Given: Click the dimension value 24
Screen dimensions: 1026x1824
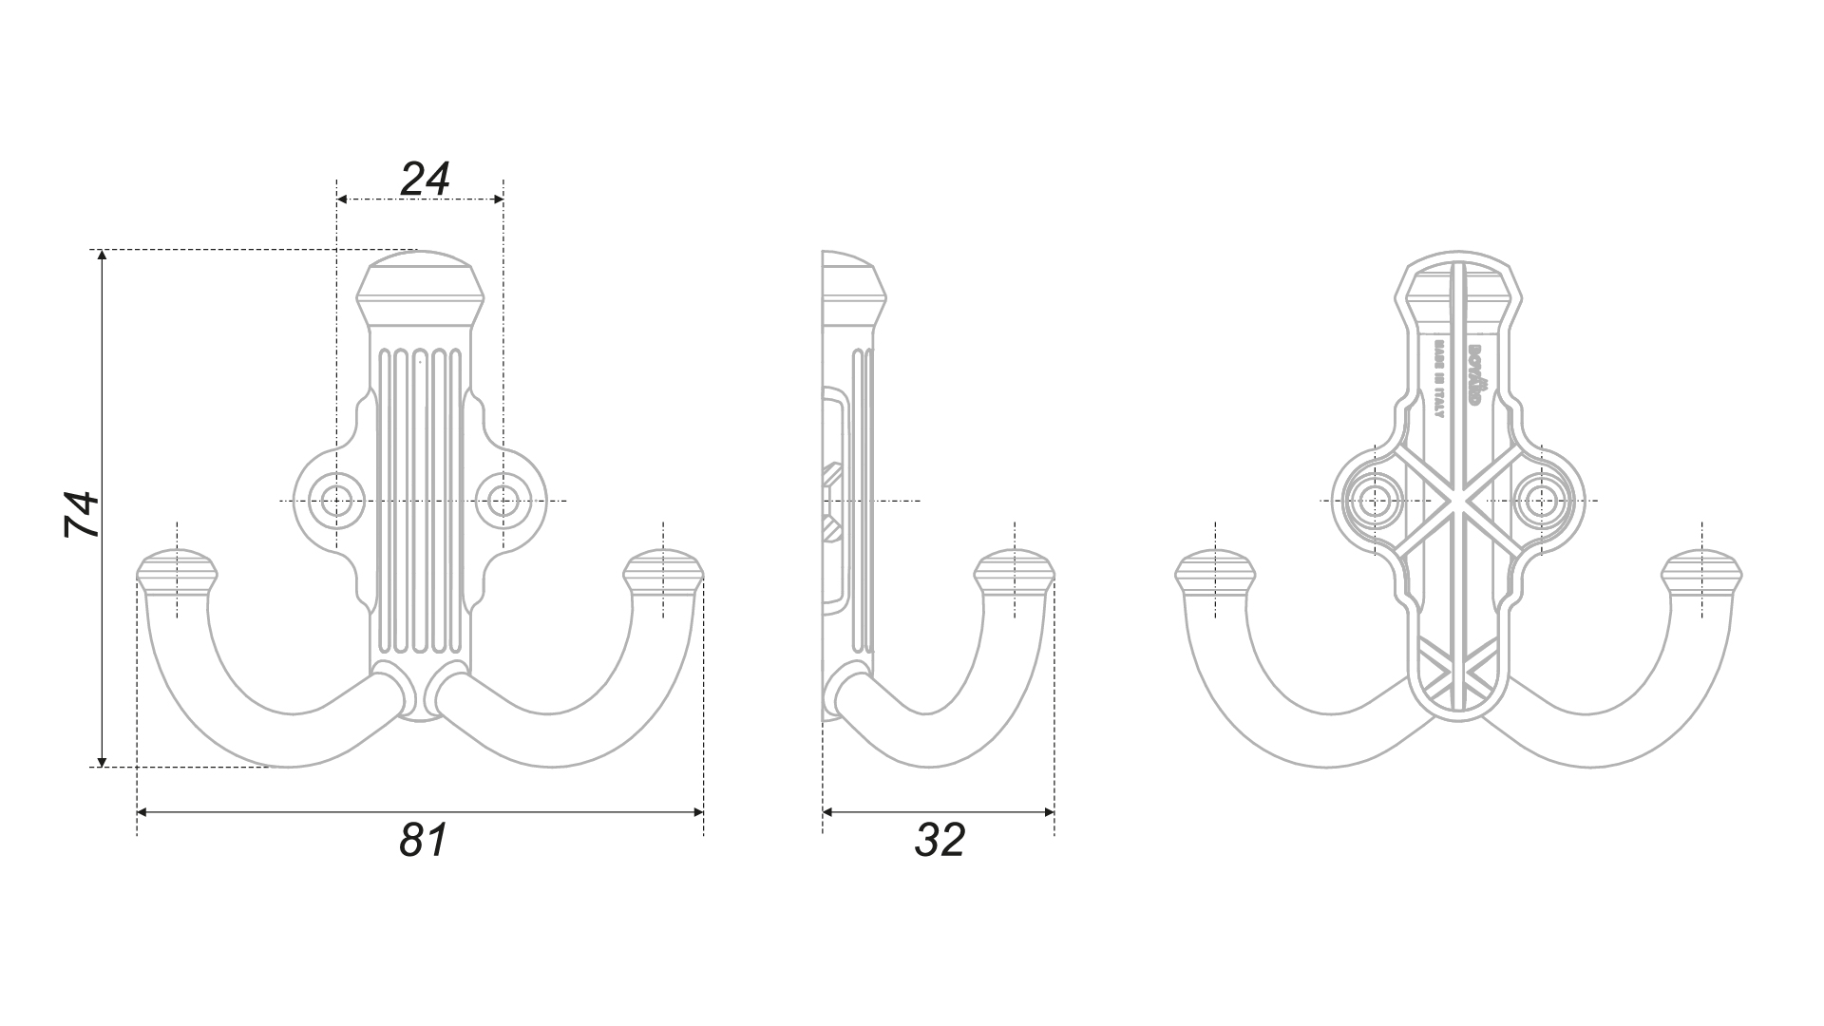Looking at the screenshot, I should [x=425, y=178].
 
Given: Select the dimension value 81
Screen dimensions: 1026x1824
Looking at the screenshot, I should [x=423, y=840].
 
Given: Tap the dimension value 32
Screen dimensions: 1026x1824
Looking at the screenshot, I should [x=940, y=840].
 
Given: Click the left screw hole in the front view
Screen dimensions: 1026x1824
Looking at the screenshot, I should [x=335, y=500].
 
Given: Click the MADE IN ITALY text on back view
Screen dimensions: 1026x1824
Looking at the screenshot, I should [x=1439, y=377].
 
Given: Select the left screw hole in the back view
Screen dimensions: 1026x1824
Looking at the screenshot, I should [x=1375, y=500].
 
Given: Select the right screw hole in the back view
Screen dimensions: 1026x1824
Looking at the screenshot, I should [x=1540, y=500].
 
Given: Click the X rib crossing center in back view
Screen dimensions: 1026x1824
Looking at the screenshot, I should [x=1458, y=501].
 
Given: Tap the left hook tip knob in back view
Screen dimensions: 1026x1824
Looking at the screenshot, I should [x=1215, y=572].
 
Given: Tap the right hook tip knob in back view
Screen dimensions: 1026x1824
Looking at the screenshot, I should [x=1701, y=572].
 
